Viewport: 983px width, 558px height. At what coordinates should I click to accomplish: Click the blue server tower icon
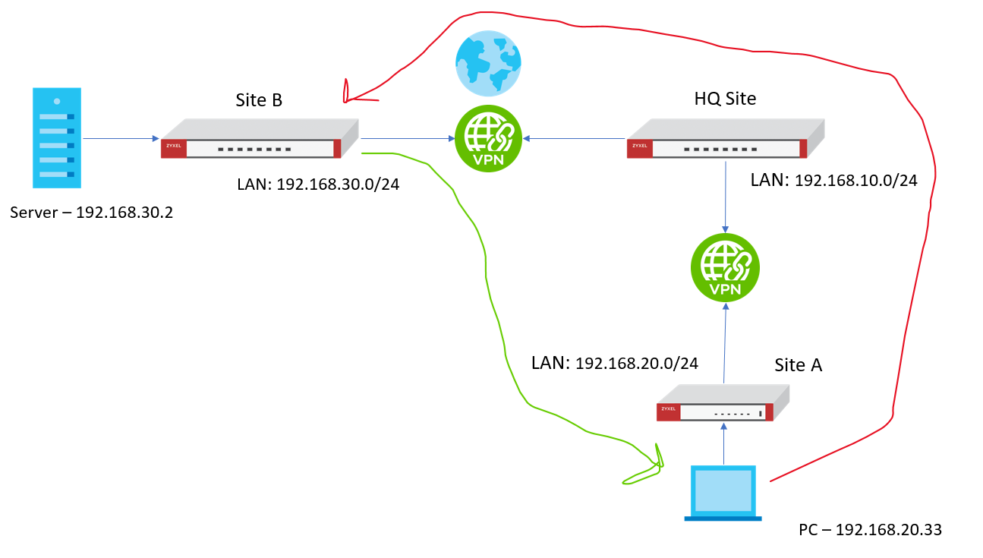57,137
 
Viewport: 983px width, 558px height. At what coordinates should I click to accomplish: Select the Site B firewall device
259,139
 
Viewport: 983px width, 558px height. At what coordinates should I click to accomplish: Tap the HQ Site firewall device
725,139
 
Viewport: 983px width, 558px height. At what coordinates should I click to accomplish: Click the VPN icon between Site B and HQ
488,138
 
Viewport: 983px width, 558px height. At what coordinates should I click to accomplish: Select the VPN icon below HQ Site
724,268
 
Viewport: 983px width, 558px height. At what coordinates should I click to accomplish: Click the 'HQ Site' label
725,99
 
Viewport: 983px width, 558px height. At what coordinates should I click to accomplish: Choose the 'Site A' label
798,365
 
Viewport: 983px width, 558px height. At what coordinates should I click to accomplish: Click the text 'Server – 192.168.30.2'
92,213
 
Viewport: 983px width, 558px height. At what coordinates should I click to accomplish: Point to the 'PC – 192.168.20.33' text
870,529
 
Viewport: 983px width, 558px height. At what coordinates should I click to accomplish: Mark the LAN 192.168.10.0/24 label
833,180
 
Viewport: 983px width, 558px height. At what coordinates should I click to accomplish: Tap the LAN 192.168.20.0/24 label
615,363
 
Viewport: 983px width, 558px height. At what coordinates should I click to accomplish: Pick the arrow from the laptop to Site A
723,444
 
